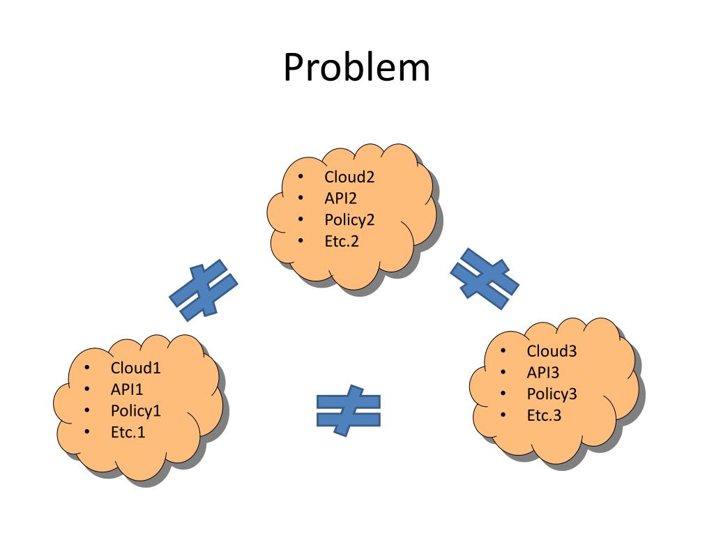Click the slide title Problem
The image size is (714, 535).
pyautogui.click(x=356, y=68)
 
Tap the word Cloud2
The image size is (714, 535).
pyautogui.click(x=349, y=177)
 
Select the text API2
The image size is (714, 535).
pyautogui.click(x=340, y=199)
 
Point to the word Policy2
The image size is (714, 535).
pyautogui.click(x=349, y=220)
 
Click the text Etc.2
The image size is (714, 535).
pyautogui.click(x=342, y=242)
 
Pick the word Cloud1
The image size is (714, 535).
pyautogui.click(x=136, y=368)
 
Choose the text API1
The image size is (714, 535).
pyautogui.click(x=127, y=389)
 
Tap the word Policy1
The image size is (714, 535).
pyautogui.click(x=136, y=411)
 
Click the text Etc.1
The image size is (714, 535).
pyautogui.click(x=128, y=433)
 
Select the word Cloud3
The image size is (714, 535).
pyautogui.click(x=552, y=351)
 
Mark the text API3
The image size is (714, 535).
pyautogui.click(x=542, y=373)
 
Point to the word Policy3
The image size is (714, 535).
pyautogui.click(x=552, y=394)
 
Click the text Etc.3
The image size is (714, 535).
pyautogui.click(x=544, y=416)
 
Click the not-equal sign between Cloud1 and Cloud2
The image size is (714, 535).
pyautogui.click(x=204, y=290)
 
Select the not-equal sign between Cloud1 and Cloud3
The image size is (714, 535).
pyautogui.click(x=348, y=410)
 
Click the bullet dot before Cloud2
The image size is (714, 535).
pyautogui.click(x=300, y=177)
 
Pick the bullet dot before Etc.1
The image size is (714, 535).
pyautogui.click(x=86, y=433)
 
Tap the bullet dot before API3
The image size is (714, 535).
pyautogui.click(x=503, y=373)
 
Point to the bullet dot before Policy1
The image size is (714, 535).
pyautogui.click(x=86, y=411)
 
